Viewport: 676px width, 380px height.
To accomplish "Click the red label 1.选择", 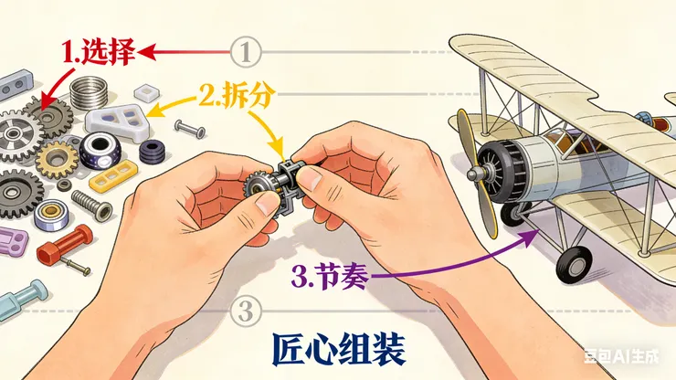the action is (98, 52).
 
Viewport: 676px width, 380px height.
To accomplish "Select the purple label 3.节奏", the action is (330, 276).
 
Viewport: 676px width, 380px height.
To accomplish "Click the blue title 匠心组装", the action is (339, 349).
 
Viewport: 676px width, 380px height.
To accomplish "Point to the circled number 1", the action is (246, 52).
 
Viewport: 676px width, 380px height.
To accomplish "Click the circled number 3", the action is (246, 311).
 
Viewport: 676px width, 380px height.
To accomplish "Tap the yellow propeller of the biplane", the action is (476, 173).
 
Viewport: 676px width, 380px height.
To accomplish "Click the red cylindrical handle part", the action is (65, 244).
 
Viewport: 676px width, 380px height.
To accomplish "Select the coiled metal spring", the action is (89, 92).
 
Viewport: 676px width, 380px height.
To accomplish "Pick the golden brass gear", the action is (57, 160).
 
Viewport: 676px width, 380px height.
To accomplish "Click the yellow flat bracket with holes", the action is (113, 175).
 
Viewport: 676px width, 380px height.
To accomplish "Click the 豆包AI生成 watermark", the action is (621, 356).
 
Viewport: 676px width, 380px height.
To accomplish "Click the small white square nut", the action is (146, 93).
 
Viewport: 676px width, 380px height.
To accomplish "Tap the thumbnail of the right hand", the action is (310, 178).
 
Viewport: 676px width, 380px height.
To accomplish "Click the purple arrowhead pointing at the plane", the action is (530, 237).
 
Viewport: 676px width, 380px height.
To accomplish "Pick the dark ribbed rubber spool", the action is (153, 152).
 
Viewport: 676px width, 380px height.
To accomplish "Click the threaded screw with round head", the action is (92, 206).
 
